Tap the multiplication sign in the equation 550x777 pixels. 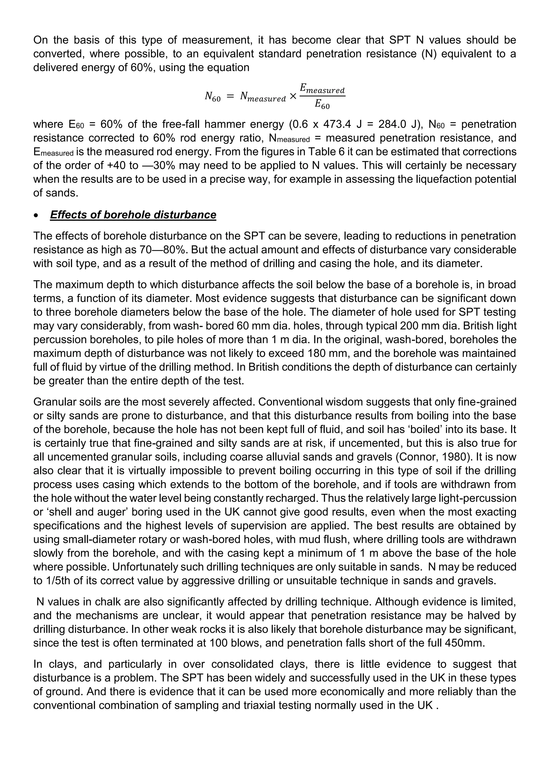pyautogui.click(x=293, y=97)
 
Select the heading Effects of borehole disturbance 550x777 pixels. pyautogui.click(x=133, y=215)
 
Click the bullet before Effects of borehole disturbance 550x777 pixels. pyautogui.click(x=36, y=215)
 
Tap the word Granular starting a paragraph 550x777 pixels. pyautogui.click(x=54, y=402)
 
